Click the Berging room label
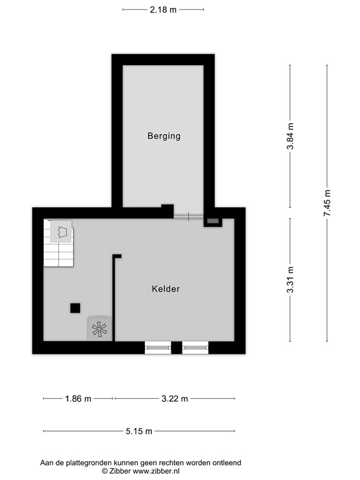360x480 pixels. pos(164,136)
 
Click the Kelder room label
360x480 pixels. pos(166,289)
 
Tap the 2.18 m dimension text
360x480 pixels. pos(163,9)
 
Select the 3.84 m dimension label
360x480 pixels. pos(290,136)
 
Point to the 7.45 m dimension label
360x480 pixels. pos(327,203)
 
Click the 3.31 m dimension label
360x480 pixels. pos(290,279)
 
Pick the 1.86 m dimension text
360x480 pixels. pos(78,399)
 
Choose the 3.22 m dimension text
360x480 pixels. pos(174,399)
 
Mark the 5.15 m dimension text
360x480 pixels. pos(139,431)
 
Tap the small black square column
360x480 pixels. pos(75,307)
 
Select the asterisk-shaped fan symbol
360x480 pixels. pos(99,329)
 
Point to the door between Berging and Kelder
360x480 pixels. pos(188,216)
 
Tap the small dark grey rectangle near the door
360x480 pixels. pos(212,221)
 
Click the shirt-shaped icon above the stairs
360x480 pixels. pos(61,232)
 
